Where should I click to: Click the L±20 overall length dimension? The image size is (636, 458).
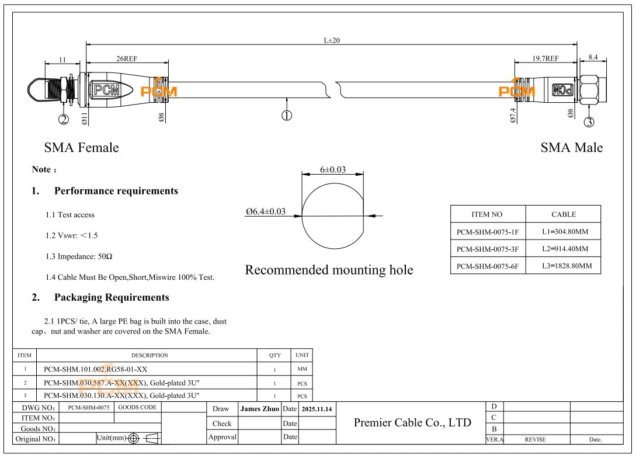(x=332, y=40)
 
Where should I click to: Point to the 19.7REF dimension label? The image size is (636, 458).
(x=545, y=58)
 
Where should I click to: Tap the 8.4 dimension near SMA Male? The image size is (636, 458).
(x=593, y=57)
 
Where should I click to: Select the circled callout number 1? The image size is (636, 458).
(x=287, y=116)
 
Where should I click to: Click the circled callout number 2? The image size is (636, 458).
(x=64, y=120)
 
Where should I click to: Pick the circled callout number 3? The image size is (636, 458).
(x=589, y=122)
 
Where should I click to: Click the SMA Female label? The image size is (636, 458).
(x=81, y=148)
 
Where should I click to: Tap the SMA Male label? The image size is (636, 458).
(x=571, y=148)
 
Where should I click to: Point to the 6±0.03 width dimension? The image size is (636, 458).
(x=332, y=169)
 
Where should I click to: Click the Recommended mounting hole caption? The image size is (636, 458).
(x=329, y=270)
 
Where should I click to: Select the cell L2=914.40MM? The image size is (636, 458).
(x=564, y=249)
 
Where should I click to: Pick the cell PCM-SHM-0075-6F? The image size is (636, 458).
(x=488, y=266)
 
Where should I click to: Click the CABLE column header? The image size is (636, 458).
(x=563, y=214)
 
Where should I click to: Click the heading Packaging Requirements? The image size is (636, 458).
(x=111, y=297)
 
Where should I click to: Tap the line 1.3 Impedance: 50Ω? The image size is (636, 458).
(x=80, y=256)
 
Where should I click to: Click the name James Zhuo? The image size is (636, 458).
(x=259, y=409)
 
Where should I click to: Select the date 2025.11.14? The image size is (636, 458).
(x=317, y=409)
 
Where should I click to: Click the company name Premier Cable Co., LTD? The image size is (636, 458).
(x=412, y=422)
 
